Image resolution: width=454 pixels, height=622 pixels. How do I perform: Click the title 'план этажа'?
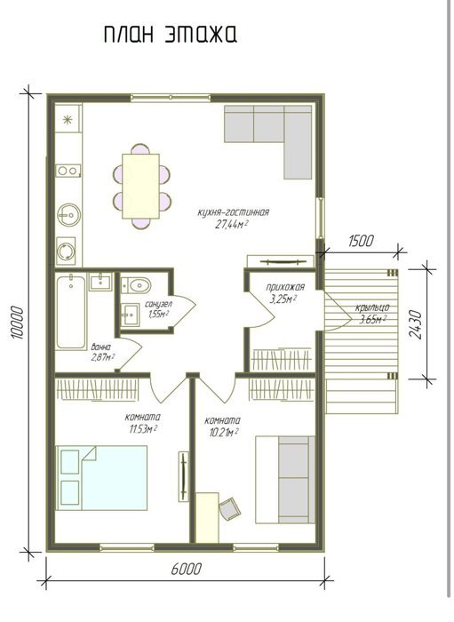point(171,34)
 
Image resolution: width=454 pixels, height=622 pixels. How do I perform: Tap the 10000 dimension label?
point(18,322)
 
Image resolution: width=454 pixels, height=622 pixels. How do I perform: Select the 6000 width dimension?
point(187,570)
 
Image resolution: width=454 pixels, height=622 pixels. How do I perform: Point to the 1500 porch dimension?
point(361,241)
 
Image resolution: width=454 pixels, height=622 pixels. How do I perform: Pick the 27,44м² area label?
point(232,225)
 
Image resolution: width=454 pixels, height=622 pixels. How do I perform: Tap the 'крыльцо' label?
point(372,307)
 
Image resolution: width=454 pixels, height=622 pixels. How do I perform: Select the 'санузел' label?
point(159,305)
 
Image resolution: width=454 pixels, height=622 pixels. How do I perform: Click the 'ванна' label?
point(101,347)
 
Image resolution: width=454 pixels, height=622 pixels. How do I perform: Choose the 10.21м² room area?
point(222,433)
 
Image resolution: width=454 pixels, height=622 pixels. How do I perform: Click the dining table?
point(140,186)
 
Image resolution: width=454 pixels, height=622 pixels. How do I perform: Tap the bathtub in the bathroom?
point(71,312)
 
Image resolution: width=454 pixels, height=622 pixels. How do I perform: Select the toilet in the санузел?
point(136,285)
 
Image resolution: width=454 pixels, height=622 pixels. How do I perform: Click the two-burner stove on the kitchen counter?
point(68,171)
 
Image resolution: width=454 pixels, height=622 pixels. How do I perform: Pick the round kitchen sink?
point(69,215)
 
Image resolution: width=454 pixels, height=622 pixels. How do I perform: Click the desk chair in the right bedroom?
point(230,508)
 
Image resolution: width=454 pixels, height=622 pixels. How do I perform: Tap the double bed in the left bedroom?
point(101,478)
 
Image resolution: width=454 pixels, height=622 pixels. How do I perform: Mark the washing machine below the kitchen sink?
point(66,251)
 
